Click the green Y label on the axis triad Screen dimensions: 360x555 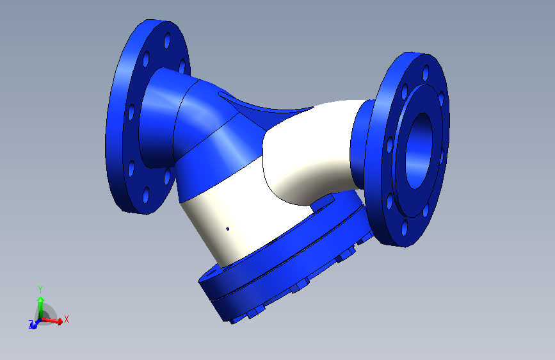coord(40,289)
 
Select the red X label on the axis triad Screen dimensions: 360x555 coord(66,318)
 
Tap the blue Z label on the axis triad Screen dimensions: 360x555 coord(30,325)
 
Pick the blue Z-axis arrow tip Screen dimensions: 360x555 coord(34,324)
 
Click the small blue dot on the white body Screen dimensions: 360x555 coord(228,228)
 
